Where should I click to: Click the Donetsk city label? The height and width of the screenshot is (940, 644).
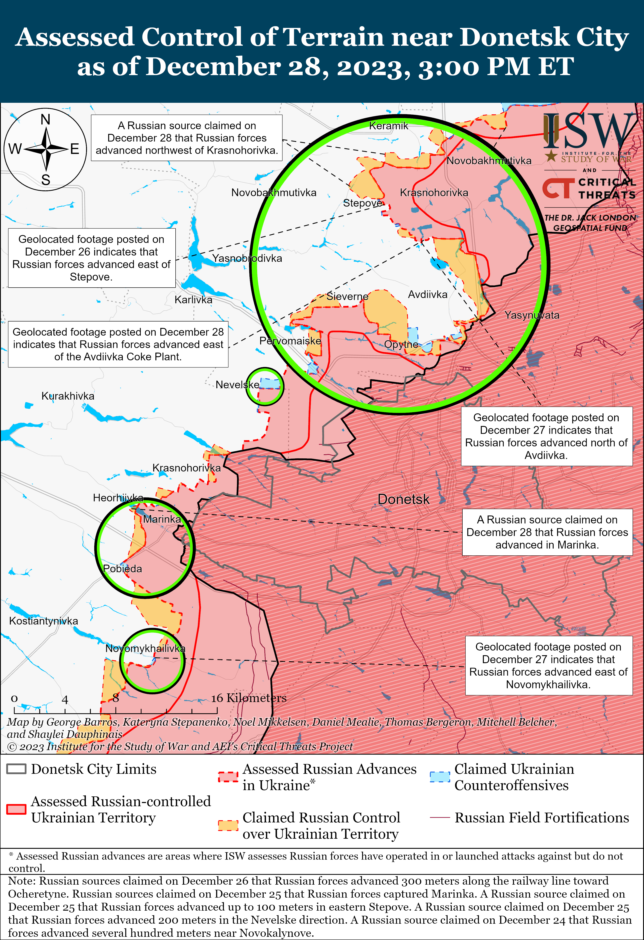pyautogui.click(x=403, y=499)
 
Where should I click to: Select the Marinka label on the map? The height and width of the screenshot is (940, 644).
pyautogui.click(x=162, y=519)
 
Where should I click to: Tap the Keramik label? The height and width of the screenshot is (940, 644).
pyautogui.click(x=388, y=126)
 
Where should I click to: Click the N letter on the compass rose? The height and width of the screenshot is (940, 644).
pyautogui.click(x=45, y=120)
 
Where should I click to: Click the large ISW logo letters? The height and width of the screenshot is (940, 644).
pyautogui.click(x=589, y=131)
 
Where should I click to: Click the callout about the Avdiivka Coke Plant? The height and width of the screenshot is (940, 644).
pyautogui.click(x=118, y=344)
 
